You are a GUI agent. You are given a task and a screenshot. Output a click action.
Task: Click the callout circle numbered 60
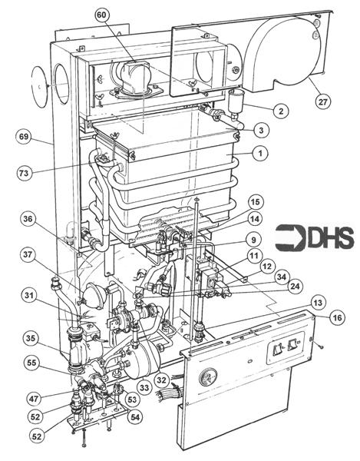[x=101, y=15]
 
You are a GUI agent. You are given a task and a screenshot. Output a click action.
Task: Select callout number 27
[x=322, y=102]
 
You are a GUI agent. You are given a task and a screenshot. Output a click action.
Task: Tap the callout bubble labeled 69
[x=24, y=138]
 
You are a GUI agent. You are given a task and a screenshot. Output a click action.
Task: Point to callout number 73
[x=24, y=172]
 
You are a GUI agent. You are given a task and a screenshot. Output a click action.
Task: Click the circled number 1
[x=260, y=153]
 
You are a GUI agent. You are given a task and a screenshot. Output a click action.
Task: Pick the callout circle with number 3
[x=261, y=130]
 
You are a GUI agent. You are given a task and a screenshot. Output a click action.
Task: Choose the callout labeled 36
[x=28, y=219]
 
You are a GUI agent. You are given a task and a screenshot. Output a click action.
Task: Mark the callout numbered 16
[x=338, y=317]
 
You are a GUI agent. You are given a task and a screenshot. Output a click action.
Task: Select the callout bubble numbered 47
[x=34, y=399]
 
